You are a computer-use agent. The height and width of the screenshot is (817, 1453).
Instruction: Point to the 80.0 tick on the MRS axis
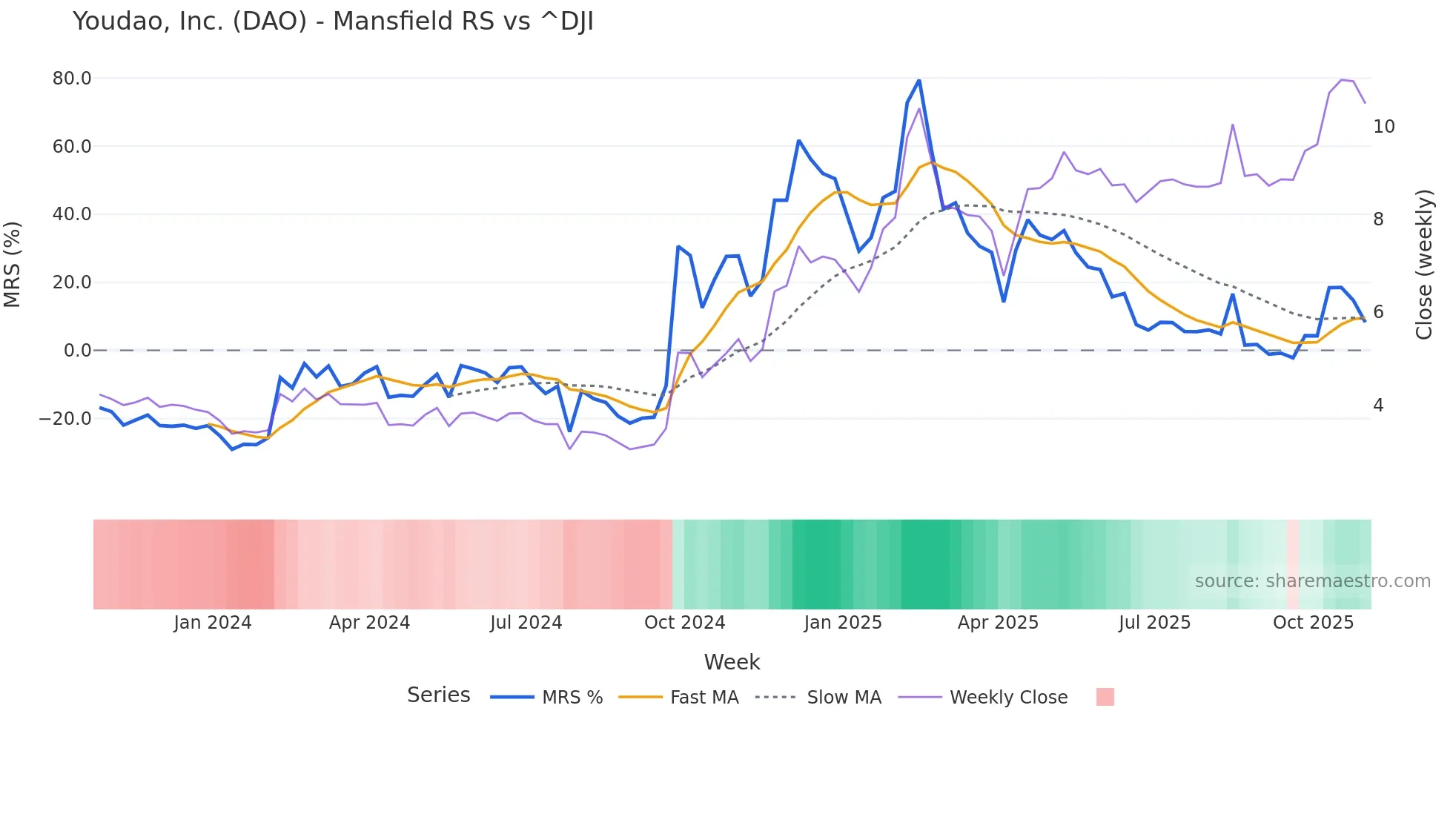72,79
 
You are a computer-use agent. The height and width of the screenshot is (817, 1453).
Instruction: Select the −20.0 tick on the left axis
65,419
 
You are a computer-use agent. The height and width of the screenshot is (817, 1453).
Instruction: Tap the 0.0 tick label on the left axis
77,351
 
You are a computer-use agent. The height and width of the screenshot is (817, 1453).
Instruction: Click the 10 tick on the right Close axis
1383,127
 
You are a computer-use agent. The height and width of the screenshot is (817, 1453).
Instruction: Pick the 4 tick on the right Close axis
1378,406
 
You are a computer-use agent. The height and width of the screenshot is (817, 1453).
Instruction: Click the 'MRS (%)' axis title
13,264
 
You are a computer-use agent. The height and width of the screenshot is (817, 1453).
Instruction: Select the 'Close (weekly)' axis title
1424,264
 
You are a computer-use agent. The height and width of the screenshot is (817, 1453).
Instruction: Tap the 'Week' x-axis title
732,662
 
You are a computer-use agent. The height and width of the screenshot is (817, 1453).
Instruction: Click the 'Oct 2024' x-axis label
684,623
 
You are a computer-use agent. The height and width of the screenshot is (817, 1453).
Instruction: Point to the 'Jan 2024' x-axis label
213,623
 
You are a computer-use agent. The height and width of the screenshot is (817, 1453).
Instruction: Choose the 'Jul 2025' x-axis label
1154,623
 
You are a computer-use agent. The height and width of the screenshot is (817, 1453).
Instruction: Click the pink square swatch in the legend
1105,697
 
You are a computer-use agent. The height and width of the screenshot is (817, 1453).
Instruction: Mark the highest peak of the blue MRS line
919,80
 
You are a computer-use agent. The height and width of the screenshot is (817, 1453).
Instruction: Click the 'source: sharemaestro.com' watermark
1312,581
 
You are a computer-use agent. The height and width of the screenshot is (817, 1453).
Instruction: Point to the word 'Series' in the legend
438,695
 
